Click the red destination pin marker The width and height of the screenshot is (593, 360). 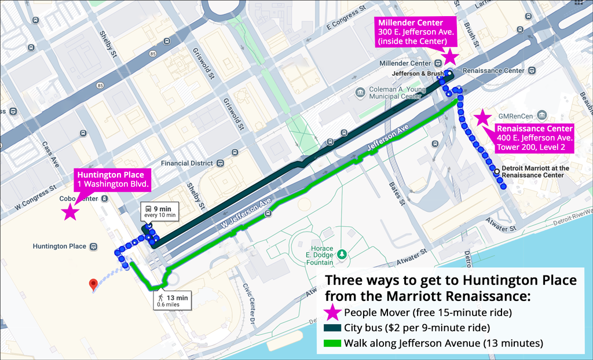93,285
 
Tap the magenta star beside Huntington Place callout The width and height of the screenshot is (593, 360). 71,212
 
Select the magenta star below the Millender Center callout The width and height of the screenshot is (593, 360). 451,56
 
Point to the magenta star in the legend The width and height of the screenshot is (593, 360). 332,313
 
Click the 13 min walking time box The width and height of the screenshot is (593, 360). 172,300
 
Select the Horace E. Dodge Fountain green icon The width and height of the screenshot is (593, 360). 342,254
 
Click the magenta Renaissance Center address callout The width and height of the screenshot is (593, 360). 534,138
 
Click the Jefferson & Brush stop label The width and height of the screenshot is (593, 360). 418,74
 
